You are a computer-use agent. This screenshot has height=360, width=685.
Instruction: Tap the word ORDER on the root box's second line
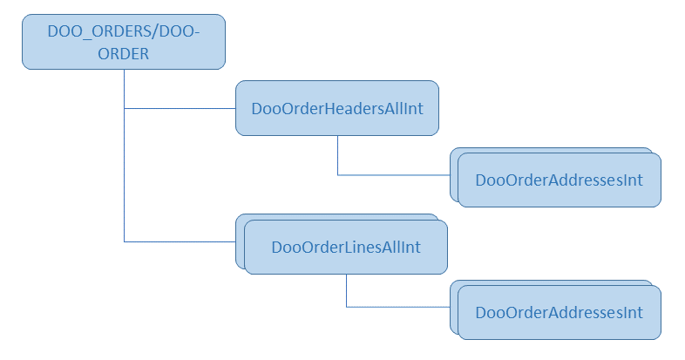(x=123, y=53)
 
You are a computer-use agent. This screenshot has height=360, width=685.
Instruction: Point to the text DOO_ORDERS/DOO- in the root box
(x=123, y=31)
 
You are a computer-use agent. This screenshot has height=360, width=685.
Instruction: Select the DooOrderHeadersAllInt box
(x=336, y=109)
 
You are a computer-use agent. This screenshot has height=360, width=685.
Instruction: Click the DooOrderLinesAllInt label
(x=346, y=248)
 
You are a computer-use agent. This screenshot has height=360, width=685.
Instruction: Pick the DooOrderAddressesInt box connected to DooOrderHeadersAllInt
(x=559, y=180)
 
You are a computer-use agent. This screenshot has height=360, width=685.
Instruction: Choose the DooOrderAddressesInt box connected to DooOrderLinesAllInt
(x=559, y=311)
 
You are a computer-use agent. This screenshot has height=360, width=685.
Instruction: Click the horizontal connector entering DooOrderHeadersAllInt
(x=180, y=109)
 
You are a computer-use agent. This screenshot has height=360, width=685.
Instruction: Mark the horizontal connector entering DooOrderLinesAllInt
(x=180, y=241)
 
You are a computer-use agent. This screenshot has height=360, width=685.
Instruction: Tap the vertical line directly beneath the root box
(x=125, y=87)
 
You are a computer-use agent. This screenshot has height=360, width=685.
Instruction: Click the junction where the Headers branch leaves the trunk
(x=125, y=109)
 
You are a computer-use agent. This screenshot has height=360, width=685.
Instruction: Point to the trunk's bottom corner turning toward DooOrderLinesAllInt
(x=125, y=241)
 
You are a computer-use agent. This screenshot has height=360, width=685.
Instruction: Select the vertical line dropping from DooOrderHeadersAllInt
(x=338, y=155)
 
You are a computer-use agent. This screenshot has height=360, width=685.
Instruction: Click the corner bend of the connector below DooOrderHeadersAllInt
(x=338, y=175)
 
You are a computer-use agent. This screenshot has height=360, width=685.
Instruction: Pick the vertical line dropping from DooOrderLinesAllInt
(x=347, y=289)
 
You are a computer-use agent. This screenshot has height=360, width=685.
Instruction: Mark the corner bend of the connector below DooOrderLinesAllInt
(x=347, y=307)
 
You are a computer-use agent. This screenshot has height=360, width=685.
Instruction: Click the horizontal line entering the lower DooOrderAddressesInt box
(x=398, y=307)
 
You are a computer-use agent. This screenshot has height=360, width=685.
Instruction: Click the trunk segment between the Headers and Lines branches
(x=125, y=174)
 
